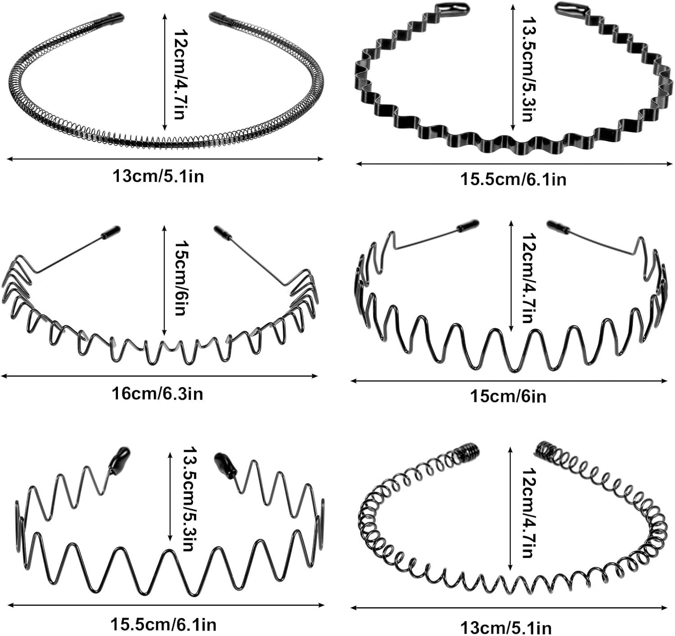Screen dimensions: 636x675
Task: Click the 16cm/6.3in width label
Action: click(157, 394)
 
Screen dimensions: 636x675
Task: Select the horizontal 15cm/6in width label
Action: click(508, 397)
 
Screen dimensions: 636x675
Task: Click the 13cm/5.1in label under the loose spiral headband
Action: click(506, 627)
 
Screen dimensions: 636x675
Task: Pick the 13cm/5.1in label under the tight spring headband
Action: click(158, 176)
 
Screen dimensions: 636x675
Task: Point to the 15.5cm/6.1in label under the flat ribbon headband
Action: click(513, 180)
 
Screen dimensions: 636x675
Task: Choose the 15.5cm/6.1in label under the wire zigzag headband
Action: click(163, 625)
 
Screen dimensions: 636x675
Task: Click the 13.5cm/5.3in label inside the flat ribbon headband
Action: click(527, 70)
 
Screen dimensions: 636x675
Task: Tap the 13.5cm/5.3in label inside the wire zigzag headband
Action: click(188, 499)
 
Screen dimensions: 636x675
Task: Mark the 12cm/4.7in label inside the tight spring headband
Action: click(180, 74)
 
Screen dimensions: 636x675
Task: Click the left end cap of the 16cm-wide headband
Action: click(111, 232)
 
